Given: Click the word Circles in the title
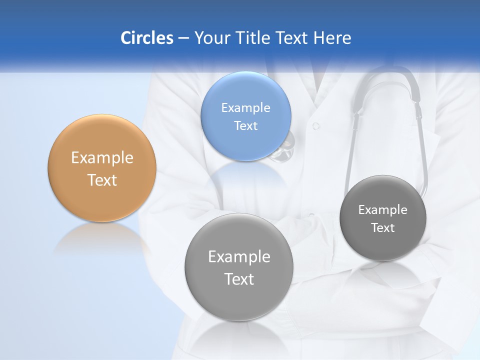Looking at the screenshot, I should click(x=147, y=38).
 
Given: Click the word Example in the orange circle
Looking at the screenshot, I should click(x=102, y=158).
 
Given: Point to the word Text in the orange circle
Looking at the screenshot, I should click(x=102, y=180).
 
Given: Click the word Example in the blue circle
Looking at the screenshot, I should click(x=245, y=108).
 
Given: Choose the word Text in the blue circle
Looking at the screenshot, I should click(x=245, y=125).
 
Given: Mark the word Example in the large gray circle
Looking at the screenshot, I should click(x=239, y=257).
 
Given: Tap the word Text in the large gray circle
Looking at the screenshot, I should click(x=239, y=279).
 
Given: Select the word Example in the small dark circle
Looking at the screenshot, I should click(x=383, y=210).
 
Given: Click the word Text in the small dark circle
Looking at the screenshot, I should click(x=383, y=228).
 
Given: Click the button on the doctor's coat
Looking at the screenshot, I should click(x=315, y=126).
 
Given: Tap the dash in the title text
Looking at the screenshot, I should click(x=183, y=38).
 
